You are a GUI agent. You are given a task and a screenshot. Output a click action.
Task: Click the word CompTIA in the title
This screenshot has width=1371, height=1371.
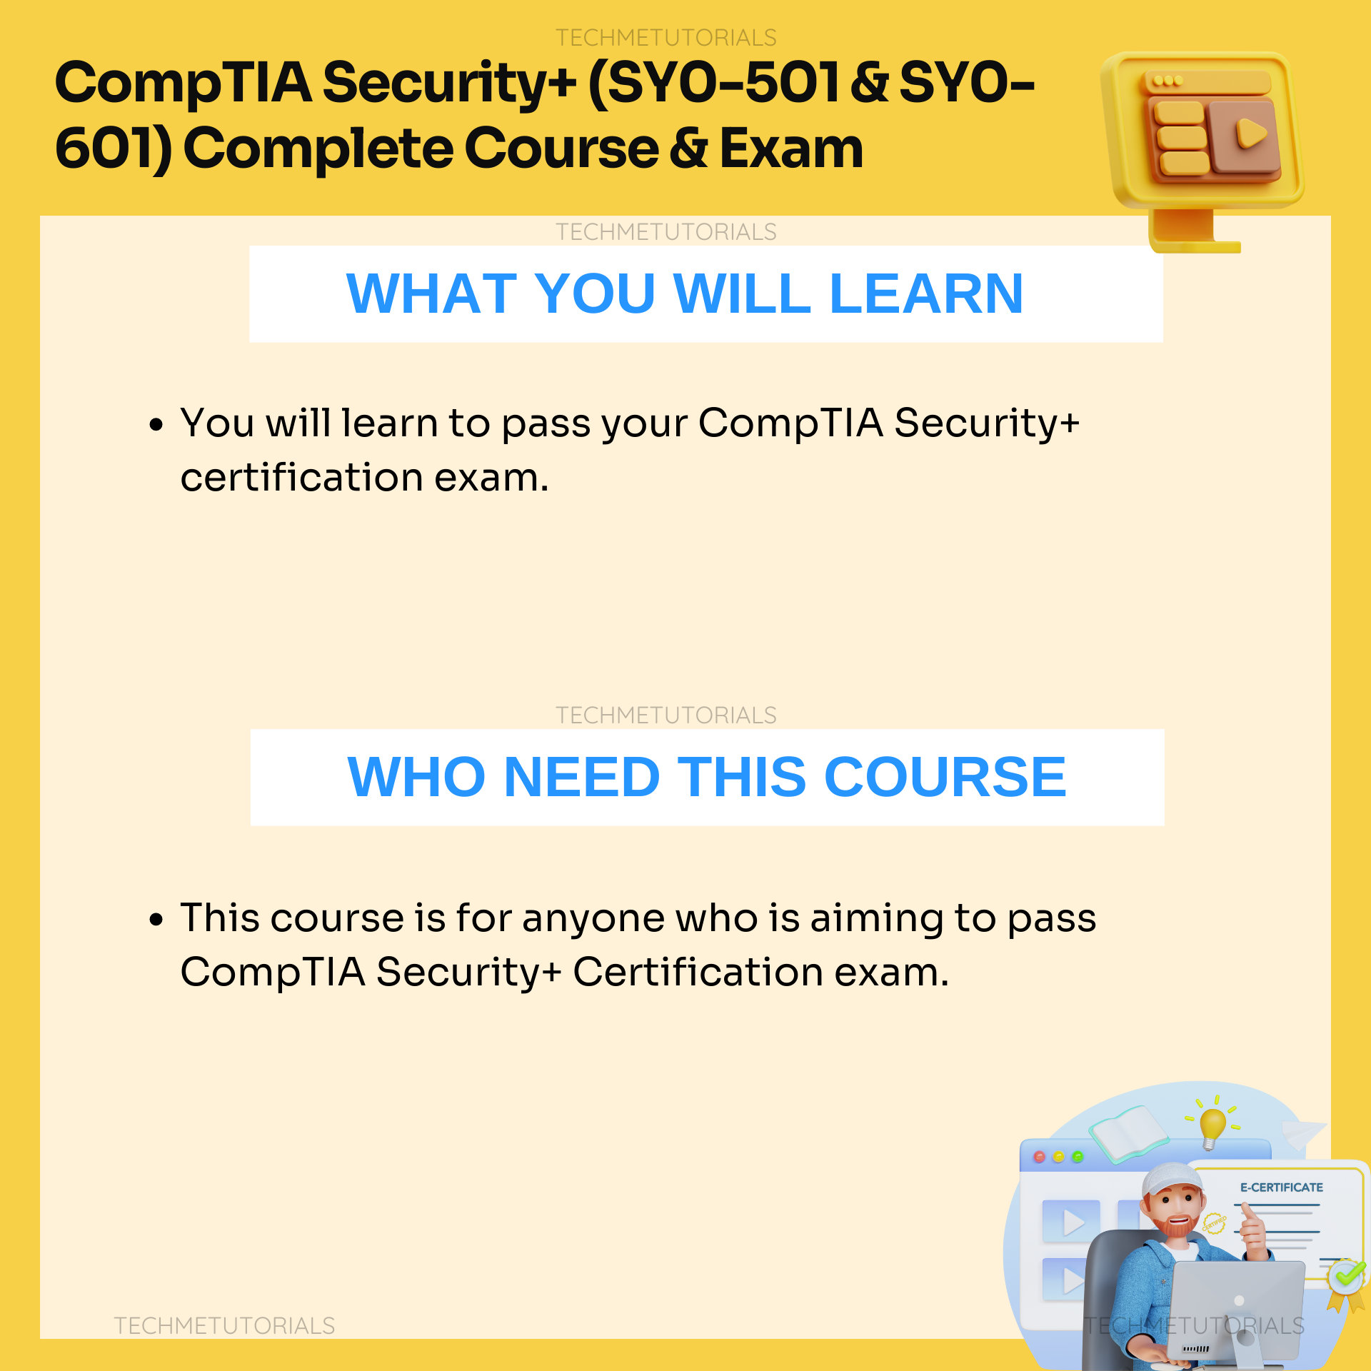(x=183, y=84)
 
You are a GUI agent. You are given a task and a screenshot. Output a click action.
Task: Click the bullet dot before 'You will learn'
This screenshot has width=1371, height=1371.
(x=156, y=426)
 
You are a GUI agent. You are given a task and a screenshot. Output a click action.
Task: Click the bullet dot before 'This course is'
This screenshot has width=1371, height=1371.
(x=156, y=920)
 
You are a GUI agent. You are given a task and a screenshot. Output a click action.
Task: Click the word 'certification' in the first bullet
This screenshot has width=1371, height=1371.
(x=301, y=478)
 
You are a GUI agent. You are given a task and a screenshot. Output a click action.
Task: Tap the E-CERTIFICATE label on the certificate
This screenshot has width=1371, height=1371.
(x=1281, y=1187)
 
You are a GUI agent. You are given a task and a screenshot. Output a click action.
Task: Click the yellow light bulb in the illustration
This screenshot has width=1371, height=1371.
(x=1212, y=1126)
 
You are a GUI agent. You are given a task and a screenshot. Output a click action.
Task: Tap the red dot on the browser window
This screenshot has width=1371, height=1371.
(x=1039, y=1157)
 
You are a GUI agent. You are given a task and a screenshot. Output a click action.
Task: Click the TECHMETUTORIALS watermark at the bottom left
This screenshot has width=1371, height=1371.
(x=224, y=1325)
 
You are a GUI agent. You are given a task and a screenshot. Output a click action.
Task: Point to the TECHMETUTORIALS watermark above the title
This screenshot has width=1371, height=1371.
(x=666, y=37)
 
